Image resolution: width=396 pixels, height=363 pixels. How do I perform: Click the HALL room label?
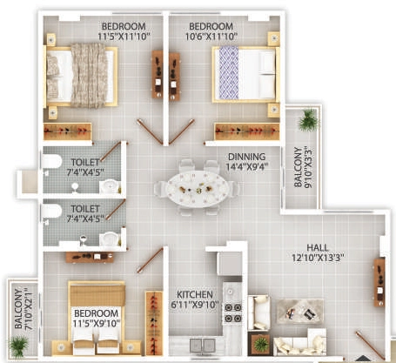pos(318,247)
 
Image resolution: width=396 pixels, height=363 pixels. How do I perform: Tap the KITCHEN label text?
pos(195,294)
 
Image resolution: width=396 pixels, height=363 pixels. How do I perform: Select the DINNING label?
pos(246,157)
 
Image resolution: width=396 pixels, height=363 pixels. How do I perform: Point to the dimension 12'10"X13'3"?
pos(318,258)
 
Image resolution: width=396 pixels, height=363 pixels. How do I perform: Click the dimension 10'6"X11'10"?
pos(211,37)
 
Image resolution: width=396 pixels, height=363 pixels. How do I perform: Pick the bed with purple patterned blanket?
pos(245,74)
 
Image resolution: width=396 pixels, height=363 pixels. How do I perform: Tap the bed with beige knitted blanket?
pos(80,75)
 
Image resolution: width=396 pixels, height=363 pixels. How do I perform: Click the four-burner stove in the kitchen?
pos(232,313)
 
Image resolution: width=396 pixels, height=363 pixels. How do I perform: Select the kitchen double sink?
pos(202,346)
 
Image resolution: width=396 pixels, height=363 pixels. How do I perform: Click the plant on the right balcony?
pos(308,120)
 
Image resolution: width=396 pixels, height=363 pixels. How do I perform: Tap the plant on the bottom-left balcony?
pos(18,346)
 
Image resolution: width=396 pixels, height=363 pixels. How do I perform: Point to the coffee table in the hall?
pos(299,312)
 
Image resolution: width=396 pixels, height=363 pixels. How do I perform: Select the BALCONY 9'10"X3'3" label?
pos(303,167)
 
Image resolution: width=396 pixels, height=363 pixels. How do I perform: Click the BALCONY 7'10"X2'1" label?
pos(23,308)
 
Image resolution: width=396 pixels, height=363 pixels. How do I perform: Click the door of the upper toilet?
pos(111,151)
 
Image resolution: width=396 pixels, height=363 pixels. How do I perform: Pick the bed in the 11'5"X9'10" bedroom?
pos(97,317)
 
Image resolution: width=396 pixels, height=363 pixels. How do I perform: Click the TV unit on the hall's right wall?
pos(379,282)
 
